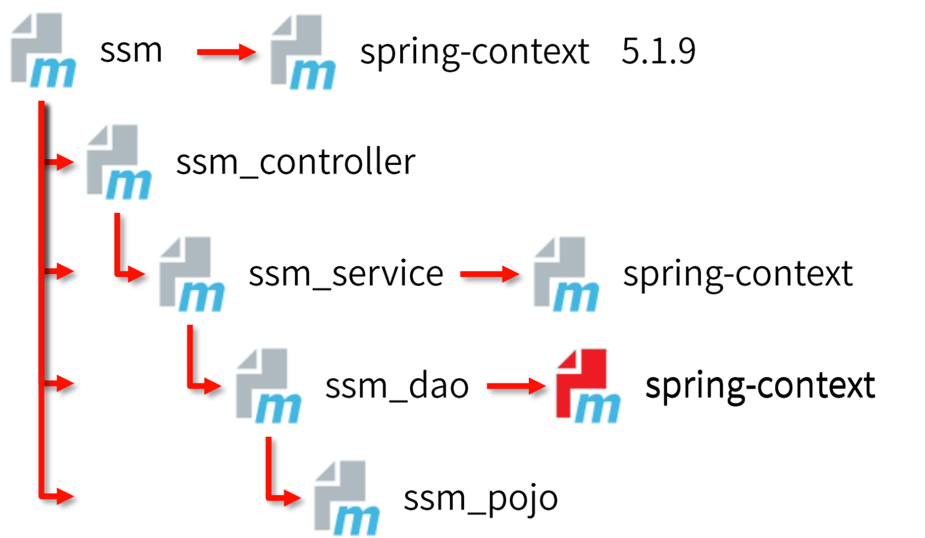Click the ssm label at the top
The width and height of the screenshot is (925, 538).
(131, 51)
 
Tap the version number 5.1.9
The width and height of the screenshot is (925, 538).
(658, 51)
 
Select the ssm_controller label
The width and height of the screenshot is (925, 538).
(295, 162)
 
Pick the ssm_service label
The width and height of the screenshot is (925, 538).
(346, 274)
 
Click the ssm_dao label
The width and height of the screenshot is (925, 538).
(397, 385)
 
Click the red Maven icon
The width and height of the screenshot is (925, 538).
(588, 385)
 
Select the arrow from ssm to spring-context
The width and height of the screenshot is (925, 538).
(227, 52)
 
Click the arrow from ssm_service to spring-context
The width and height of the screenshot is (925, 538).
(490, 274)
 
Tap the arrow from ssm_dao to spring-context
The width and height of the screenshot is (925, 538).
(517, 386)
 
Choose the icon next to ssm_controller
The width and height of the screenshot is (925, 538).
(119, 162)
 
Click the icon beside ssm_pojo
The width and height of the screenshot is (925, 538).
(347, 498)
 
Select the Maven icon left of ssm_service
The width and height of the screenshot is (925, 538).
(192, 274)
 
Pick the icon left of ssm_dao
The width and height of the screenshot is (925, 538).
(268, 385)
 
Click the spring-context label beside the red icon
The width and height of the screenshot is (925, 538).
(760, 387)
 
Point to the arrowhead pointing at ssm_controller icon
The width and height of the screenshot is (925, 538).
(65, 162)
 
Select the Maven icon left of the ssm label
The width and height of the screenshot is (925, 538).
(43, 50)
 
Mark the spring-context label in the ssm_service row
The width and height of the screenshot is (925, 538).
(738, 275)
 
